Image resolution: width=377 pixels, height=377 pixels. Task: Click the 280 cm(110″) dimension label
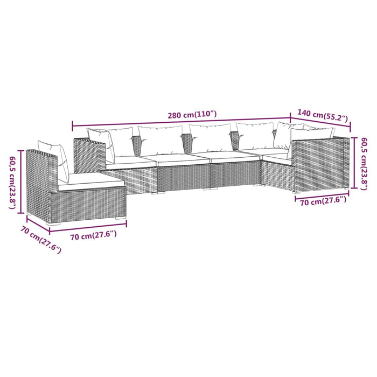[x=192, y=115]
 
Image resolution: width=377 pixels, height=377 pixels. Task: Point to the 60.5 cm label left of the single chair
[x=12, y=182]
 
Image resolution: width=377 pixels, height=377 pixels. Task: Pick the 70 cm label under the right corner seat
[x=320, y=201]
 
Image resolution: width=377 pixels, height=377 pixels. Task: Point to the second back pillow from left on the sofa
[x=160, y=141]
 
